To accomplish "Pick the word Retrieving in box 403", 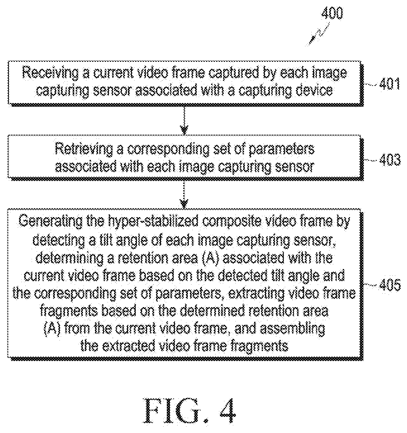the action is [x=84, y=149].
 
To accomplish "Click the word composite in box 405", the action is [x=232, y=221].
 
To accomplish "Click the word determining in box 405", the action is [x=69, y=258].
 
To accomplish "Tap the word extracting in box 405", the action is [x=256, y=294].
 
